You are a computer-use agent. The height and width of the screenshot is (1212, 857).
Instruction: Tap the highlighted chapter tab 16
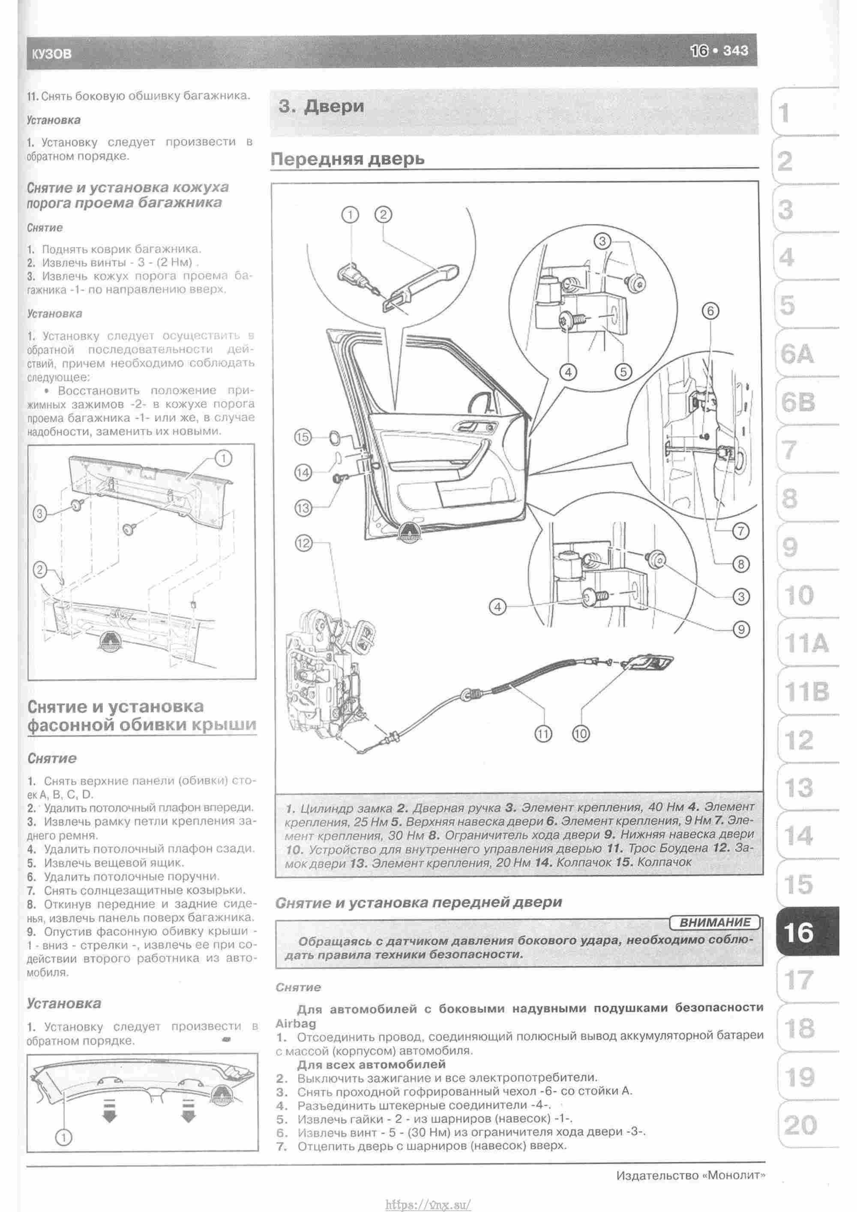coord(799,932)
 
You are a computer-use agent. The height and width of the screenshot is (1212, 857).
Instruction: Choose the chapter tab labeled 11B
coord(806,692)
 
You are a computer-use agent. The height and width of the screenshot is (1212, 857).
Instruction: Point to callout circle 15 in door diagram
coord(303,437)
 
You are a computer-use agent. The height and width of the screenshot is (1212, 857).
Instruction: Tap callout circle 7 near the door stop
coord(740,531)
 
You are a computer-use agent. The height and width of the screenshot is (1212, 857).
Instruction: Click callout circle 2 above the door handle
coord(383,215)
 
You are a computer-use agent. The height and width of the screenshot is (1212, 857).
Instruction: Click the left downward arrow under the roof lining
coord(109,1111)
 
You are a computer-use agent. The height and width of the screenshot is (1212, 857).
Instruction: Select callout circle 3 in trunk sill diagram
coord(39,513)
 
